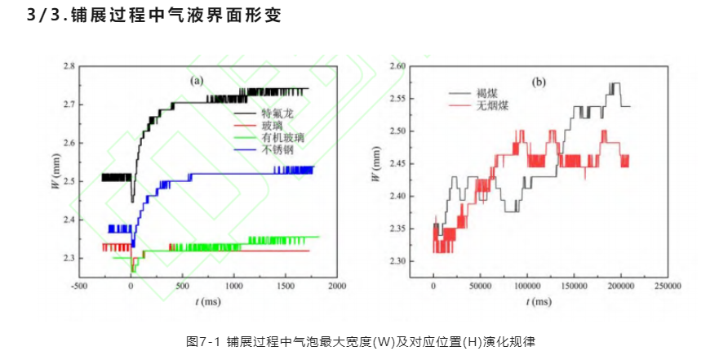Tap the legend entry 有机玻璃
(277, 138)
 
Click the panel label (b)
(539, 82)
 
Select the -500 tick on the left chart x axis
(79, 287)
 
